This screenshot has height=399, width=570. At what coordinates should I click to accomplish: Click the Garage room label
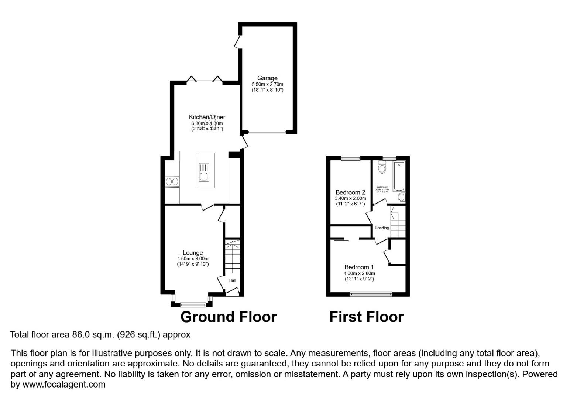coord(267,78)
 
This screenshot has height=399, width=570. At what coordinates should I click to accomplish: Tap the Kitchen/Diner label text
coord(207,117)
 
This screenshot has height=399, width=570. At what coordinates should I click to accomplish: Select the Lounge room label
coord(193,253)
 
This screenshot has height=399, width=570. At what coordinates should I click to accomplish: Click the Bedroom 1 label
coord(359,267)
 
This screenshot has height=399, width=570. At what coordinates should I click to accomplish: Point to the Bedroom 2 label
coord(350,192)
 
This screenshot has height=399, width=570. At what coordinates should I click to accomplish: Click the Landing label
coord(382,228)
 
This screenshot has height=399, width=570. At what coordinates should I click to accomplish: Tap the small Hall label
coord(232,280)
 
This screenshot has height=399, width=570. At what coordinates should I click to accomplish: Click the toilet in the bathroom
coord(382,168)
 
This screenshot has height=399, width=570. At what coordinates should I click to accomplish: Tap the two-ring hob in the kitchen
coord(172,182)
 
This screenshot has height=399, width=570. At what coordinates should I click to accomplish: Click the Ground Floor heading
coord(228,317)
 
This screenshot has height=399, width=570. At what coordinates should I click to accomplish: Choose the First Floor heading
coord(366,317)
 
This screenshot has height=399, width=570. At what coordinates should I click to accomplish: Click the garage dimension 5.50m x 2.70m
coord(267,84)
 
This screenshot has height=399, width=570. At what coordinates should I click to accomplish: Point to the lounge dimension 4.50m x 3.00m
coord(193,259)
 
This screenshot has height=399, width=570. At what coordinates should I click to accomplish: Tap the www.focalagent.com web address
coord(64,385)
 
